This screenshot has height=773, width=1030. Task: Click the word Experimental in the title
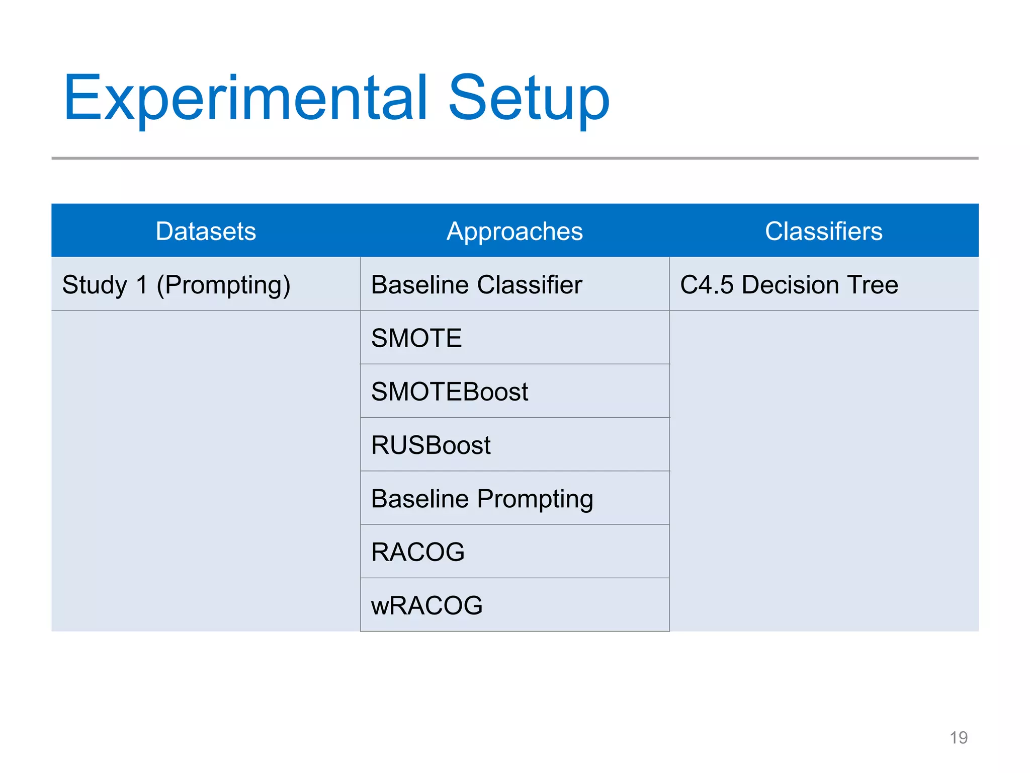click(x=245, y=98)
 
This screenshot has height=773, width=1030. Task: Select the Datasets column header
click(x=206, y=231)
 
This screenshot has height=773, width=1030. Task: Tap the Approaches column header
click(x=514, y=231)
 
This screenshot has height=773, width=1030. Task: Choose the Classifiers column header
click(x=823, y=231)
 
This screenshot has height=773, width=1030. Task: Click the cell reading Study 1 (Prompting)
click(x=176, y=285)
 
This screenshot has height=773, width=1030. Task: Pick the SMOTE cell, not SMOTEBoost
click(x=416, y=338)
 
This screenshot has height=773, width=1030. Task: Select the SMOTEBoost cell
click(x=450, y=392)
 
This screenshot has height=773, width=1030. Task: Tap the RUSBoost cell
click(x=431, y=445)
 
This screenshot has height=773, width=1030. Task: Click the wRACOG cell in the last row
click(x=426, y=605)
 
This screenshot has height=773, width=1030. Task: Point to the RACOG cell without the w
click(x=417, y=552)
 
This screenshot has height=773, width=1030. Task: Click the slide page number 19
click(x=958, y=738)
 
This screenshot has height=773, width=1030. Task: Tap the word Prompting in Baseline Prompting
click(x=535, y=499)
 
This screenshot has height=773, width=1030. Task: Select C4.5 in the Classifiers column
click(x=707, y=285)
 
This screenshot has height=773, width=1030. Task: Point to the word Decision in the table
click(x=790, y=285)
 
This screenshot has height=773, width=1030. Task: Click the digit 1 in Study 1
click(x=142, y=285)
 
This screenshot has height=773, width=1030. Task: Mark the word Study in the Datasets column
click(x=95, y=285)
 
